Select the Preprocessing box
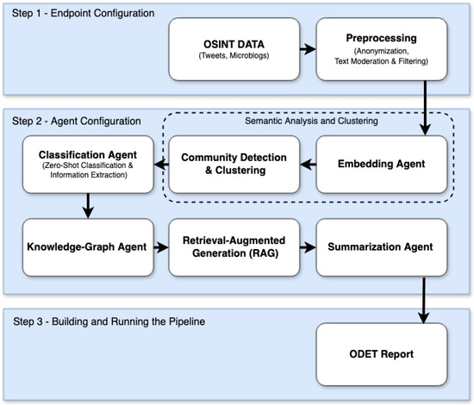click(381, 51)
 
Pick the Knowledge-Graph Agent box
click(83, 247)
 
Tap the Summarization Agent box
click(381, 247)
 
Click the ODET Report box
click(381, 353)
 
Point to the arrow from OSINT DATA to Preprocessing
click(306, 51)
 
